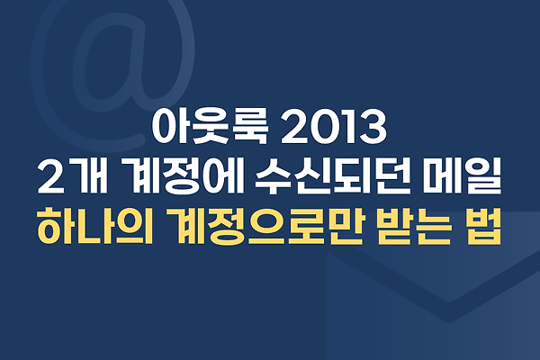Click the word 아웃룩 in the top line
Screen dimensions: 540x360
click(x=210, y=127)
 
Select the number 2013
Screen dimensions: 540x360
click(x=334, y=127)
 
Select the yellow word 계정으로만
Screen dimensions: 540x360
click(x=264, y=227)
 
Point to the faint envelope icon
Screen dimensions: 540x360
click(x=433, y=286)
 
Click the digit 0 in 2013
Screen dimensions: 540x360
click(x=320, y=127)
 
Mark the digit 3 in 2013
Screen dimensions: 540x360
click(x=373, y=127)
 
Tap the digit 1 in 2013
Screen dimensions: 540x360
click(x=346, y=127)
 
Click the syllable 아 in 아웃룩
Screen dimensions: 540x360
click(x=170, y=127)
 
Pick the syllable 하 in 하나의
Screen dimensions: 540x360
click(x=56, y=227)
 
